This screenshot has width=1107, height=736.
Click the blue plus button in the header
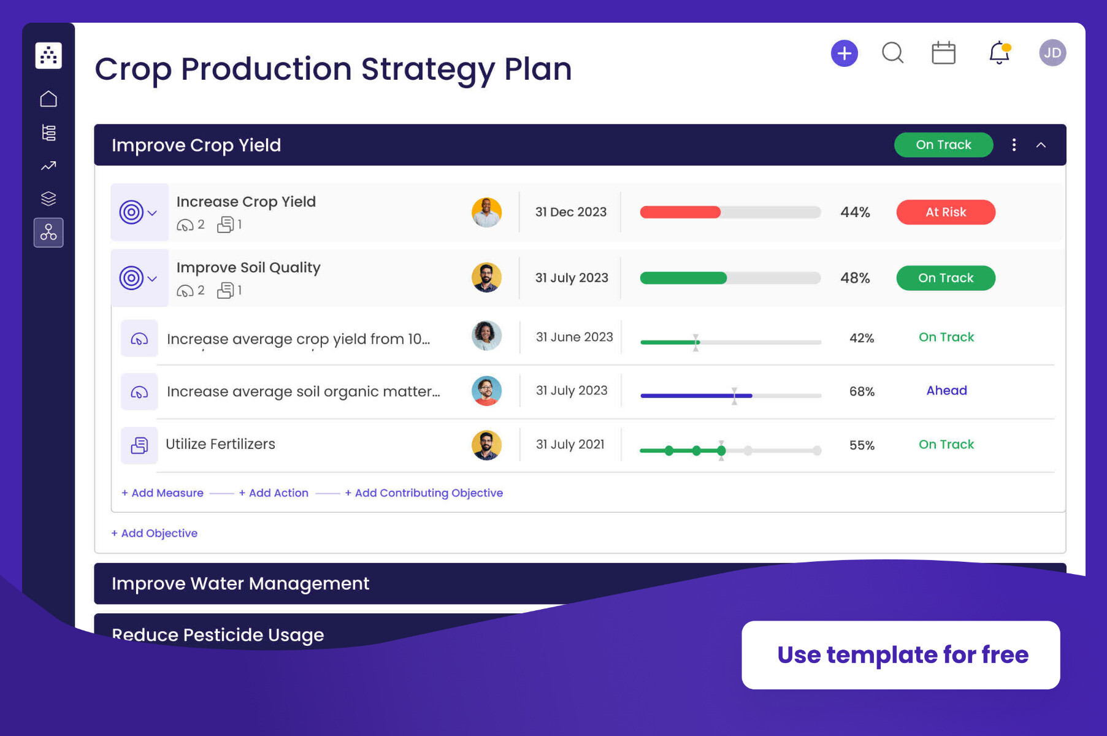click(x=844, y=53)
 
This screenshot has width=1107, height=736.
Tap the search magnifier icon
click(x=892, y=53)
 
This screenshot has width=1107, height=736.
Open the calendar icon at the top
click(x=943, y=53)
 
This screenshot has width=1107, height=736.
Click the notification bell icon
click(x=999, y=53)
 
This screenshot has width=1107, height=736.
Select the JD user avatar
click(x=1052, y=53)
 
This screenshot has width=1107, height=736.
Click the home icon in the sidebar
click(x=48, y=99)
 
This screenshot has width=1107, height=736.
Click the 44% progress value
click(x=855, y=212)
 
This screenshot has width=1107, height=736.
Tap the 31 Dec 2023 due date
click(x=570, y=212)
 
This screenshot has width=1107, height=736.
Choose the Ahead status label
click(x=946, y=391)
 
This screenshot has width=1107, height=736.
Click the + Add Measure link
click(x=163, y=493)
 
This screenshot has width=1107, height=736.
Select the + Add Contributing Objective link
click(x=424, y=493)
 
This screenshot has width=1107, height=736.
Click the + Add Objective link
click(x=155, y=534)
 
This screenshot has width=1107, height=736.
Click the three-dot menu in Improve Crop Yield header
click(x=1014, y=145)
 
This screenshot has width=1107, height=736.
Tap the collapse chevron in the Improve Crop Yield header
click(x=1041, y=145)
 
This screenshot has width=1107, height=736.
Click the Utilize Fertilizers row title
click(x=220, y=444)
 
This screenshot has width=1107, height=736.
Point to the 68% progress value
click(x=862, y=391)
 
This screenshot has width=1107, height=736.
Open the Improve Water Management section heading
click(x=240, y=583)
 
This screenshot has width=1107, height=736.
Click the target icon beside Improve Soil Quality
click(x=131, y=278)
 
